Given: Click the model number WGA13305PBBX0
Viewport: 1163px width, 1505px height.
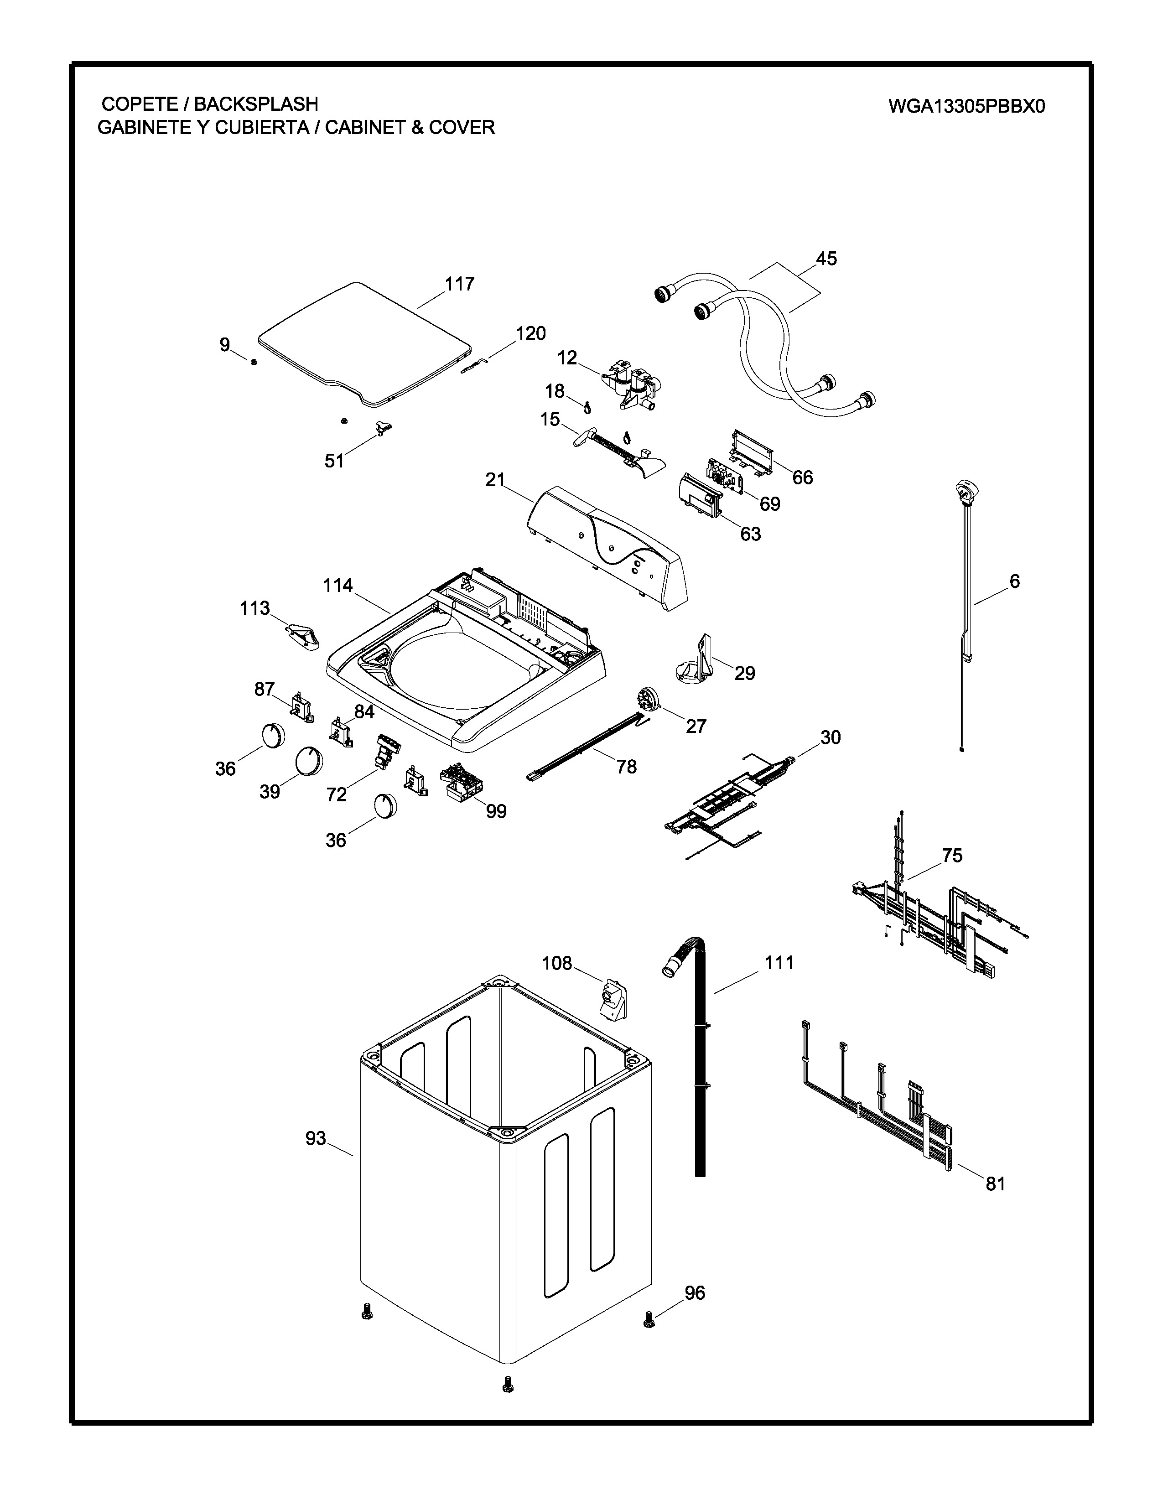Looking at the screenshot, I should (x=966, y=106).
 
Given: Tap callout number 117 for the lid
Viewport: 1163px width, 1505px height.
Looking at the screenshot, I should (x=460, y=284).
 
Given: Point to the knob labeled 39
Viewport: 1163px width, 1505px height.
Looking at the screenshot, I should (x=309, y=761).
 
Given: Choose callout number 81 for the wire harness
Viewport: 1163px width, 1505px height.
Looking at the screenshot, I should (x=995, y=1184).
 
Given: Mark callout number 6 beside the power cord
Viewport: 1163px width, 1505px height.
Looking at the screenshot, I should (x=1014, y=581).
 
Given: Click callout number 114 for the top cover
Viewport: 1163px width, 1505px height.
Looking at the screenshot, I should (x=337, y=586).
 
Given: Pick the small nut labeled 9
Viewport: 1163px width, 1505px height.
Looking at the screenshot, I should (x=254, y=362).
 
